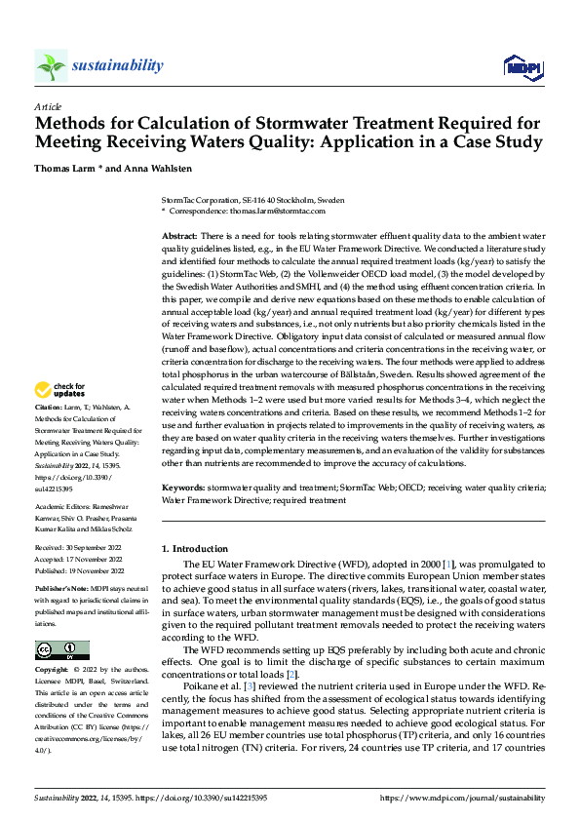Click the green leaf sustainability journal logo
(x=51, y=65)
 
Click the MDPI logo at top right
(x=522, y=66)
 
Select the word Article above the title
(x=48, y=106)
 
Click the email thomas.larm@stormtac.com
(x=278, y=211)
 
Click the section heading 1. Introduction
(x=195, y=549)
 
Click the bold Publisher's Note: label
(x=61, y=590)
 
